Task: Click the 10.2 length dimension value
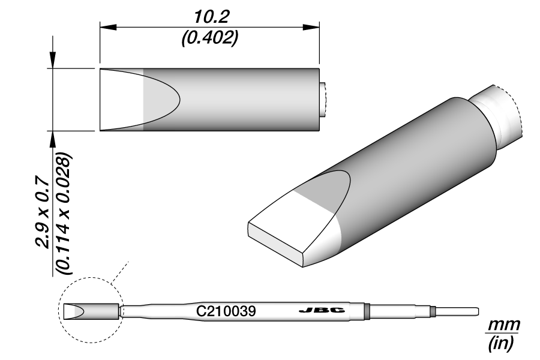point(211,17)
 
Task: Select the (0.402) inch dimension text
point(209,38)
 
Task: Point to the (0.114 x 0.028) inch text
point(64,213)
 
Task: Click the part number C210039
point(226,311)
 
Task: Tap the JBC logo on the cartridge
point(322,310)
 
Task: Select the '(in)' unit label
point(501,343)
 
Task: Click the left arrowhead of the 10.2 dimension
point(109,27)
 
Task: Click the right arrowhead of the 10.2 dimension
point(311,27)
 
